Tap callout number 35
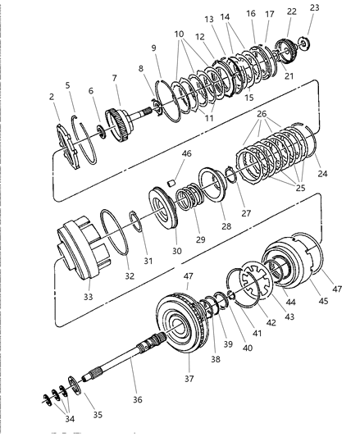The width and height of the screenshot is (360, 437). tap(98, 415)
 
